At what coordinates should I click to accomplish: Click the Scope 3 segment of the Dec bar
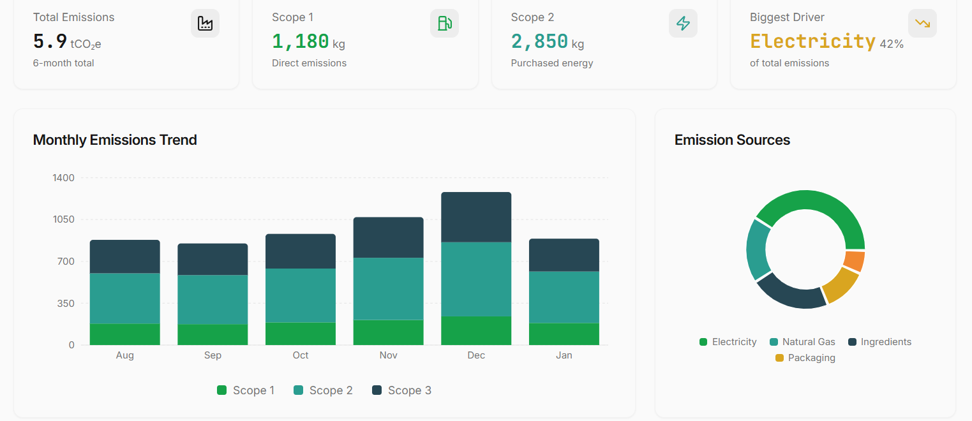(476, 217)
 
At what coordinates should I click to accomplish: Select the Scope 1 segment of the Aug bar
(124, 334)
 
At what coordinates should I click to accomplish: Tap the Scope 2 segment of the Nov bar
(388, 288)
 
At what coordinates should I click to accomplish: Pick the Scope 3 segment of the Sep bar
(213, 259)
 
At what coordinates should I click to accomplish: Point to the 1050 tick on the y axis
(63, 219)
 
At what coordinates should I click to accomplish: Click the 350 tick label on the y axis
(66, 303)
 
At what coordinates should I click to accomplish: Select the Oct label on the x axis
(301, 355)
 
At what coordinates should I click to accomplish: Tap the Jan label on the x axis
(564, 355)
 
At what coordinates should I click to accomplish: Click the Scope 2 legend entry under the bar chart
(323, 390)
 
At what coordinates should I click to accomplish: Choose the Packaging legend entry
(805, 358)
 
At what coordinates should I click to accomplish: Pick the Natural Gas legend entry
(802, 342)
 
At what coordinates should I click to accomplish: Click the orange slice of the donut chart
(854, 261)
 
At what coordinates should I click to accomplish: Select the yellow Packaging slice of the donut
(841, 285)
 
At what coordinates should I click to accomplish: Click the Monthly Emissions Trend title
(115, 140)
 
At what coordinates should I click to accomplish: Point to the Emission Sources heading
(732, 140)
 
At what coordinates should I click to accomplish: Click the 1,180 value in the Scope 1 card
(300, 41)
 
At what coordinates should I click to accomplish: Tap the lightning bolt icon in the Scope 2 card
(683, 24)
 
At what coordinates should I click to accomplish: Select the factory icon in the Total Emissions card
(205, 24)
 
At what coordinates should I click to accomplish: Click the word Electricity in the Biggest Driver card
(812, 41)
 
